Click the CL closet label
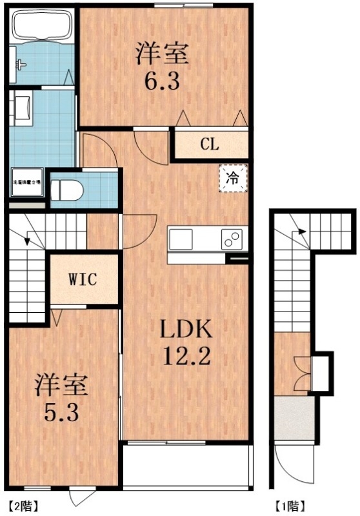[x=208, y=144]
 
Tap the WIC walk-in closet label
[x=83, y=280]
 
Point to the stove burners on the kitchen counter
[x=231, y=239]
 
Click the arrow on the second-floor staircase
[x=28, y=241]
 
